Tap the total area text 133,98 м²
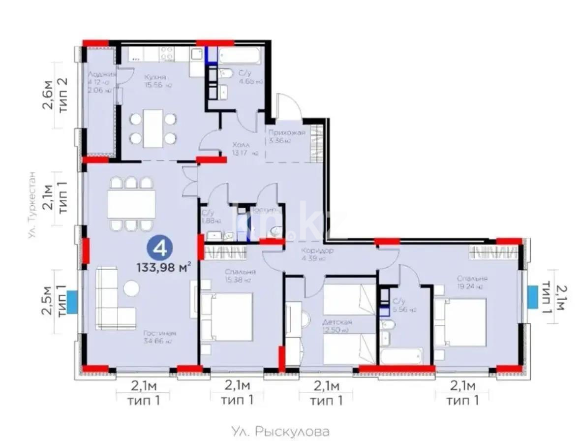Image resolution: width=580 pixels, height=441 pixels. click(x=164, y=267)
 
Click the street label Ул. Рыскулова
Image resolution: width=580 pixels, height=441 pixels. click(x=280, y=432)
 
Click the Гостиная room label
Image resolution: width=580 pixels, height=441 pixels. click(x=157, y=333)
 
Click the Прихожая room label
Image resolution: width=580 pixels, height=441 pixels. click(x=287, y=133)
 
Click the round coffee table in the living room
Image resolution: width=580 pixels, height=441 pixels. click(x=131, y=288)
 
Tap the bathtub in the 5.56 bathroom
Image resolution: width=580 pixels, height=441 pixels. click(x=402, y=355)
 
